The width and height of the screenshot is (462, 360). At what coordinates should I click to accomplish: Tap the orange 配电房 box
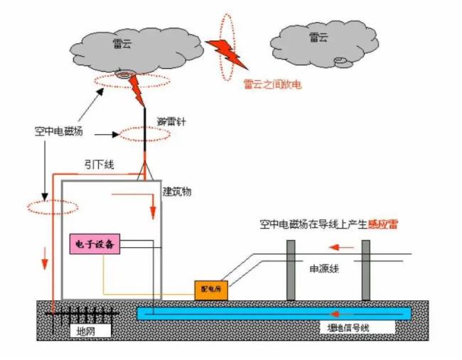tap(211, 290)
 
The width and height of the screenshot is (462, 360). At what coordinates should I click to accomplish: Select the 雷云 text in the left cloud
tap(122, 43)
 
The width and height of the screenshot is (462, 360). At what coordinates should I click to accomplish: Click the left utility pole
tap(291, 270)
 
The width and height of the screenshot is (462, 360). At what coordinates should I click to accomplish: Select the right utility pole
tap(365, 270)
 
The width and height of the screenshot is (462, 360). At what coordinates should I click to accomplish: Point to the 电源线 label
tap(323, 270)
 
